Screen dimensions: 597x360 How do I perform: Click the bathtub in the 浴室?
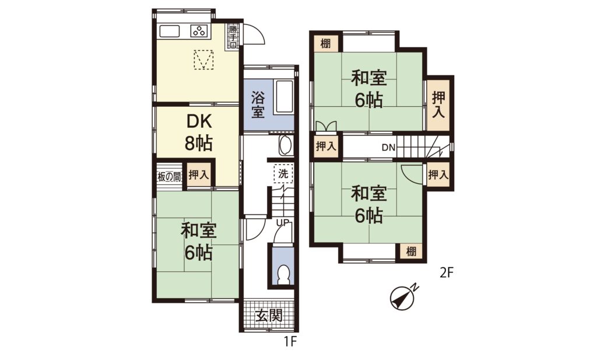(284, 96)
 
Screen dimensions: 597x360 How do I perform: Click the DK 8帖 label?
(198, 133)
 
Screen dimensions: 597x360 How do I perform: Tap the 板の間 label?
(170, 177)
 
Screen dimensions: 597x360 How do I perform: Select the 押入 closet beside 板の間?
(199, 175)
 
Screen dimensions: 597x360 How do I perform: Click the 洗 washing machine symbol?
(283, 174)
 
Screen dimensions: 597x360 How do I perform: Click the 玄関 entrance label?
(269, 316)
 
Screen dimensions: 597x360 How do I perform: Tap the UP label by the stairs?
(283, 222)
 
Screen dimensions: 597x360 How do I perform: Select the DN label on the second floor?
(389, 148)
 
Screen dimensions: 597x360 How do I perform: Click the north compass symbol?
(402, 298)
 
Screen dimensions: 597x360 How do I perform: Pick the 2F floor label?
(447, 272)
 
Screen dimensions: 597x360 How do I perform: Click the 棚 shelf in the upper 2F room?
(325, 44)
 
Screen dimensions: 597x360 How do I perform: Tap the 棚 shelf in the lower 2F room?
(411, 251)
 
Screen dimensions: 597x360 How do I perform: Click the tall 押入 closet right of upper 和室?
(438, 105)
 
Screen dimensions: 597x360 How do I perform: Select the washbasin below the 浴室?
(286, 145)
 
